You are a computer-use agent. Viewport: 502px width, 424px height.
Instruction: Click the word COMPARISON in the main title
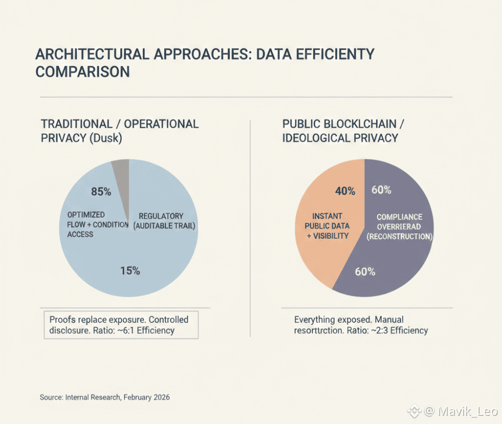(x=82, y=72)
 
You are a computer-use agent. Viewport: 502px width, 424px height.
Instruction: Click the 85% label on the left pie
(x=101, y=192)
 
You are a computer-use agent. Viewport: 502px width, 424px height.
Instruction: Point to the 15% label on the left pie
(x=130, y=271)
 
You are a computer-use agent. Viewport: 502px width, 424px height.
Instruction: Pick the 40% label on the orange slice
(x=345, y=191)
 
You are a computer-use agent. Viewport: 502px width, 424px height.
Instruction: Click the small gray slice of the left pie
(x=121, y=169)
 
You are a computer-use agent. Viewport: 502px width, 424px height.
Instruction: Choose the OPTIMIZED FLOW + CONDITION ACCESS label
(x=87, y=224)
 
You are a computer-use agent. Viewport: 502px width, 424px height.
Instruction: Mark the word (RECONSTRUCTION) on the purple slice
(x=400, y=237)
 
